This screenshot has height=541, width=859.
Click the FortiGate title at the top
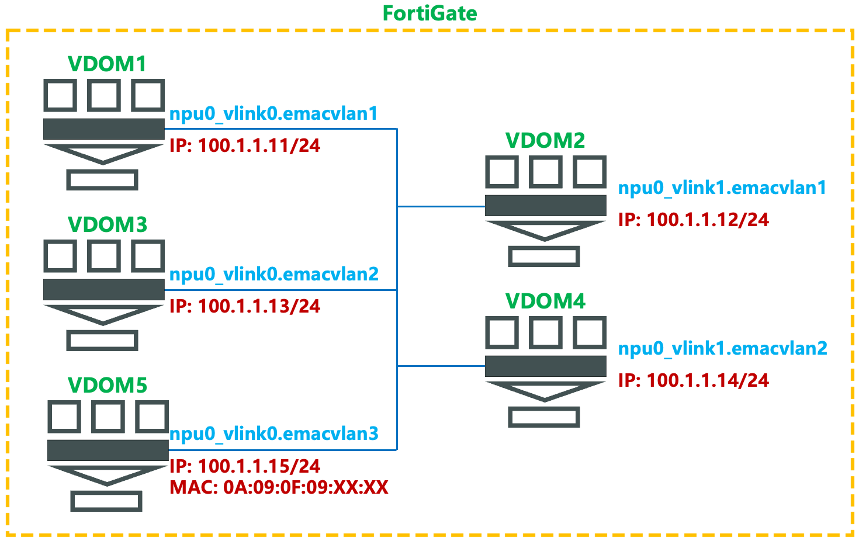coord(430,13)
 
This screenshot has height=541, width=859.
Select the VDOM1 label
coord(107,64)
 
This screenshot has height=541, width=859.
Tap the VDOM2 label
coord(545,140)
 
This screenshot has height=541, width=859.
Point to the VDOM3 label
coord(108,225)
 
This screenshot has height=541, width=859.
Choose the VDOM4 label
coord(545,301)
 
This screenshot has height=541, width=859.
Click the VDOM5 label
coord(108,386)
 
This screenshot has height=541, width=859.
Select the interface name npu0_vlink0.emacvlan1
coord(273,113)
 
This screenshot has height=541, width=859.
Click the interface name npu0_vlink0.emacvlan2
coord(273,274)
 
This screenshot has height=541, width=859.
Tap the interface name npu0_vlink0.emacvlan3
coord(273,434)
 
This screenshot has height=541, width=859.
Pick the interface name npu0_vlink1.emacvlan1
coord(722,188)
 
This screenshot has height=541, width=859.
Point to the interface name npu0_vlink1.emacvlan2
coord(722,348)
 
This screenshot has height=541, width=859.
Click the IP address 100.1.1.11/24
coord(245,145)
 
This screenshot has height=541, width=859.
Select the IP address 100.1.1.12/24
coord(694,220)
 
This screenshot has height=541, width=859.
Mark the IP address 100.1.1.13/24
coord(245,306)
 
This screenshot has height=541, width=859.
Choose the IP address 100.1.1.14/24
coord(694,380)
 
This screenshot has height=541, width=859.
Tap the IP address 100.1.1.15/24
coord(245,466)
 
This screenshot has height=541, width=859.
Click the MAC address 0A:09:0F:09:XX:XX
coord(279,487)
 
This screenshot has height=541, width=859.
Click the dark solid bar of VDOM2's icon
coord(545,206)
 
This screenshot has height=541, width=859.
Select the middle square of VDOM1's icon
coord(104,95)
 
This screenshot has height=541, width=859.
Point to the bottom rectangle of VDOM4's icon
coord(544,417)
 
